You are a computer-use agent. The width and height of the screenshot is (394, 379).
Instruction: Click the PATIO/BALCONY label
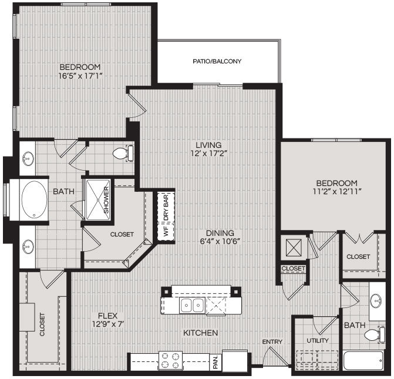pyautogui.click(x=217, y=61)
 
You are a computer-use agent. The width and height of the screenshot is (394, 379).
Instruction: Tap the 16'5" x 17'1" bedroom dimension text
pyautogui.click(x=80, y=76)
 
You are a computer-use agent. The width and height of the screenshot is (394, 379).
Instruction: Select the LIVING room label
pyautogui.click(x=208, y=145)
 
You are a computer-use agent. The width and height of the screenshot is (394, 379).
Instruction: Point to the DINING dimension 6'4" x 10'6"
pyautogui.click(x=220, y=241)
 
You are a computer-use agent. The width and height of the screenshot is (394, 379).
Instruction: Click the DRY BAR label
pyautogui.click(x=166, y=208)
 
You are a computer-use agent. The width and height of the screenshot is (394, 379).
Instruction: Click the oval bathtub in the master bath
pyautogui.click(x=34, y=200)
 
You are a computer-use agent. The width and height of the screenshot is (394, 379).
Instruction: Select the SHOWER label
pyautogui.click(x=106, y=200)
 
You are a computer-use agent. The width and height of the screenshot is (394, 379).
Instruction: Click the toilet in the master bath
pyautogui.click(x=123, y=153)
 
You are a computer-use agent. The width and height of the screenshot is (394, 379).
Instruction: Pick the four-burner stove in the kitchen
pyautogui.click(x=171, y=360)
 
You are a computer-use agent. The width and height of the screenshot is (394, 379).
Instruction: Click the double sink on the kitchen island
pyautogui.click(x=192, y=305)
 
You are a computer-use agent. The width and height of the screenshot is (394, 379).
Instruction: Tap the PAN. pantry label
pyautogui.click(x=215, y=362)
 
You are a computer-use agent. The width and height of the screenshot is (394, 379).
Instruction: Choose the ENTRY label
pyautogui.click(x=272, y=341)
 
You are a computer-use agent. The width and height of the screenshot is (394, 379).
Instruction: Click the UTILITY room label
pyautogui.click(x=318, y=341)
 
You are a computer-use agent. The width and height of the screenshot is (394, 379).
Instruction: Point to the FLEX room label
pyautogui.click(x=108, y=316)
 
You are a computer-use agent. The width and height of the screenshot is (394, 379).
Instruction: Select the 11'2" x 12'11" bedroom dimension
pyautogui.click(x=337, y=192)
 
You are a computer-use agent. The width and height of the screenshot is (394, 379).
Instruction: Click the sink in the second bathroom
pyautogui.click(x=376, y=301)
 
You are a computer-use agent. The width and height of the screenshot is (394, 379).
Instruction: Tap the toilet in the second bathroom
pyautogui.click(x=375, y=335)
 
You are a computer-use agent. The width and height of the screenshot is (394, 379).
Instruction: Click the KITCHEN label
pyautogui.click(x=200, y=333)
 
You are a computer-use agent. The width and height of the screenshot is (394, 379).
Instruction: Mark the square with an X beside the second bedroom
pyautogui.click(x=294, y=248)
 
